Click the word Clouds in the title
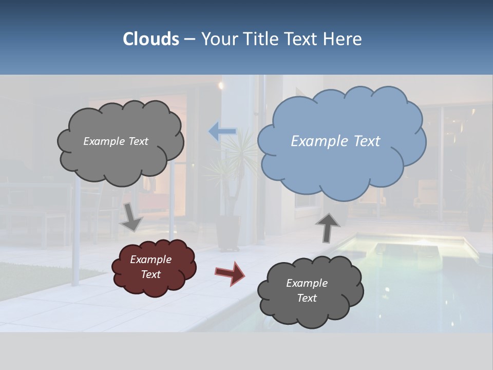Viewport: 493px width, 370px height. tap(150, 39)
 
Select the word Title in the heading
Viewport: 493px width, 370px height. tap(260, 39)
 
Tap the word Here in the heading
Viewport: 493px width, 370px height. tap(342, 39)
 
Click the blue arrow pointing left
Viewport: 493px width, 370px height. tap(222, 132)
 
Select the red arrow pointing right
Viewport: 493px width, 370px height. tap(230, 273)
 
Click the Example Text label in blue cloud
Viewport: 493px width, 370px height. tap(335, 141)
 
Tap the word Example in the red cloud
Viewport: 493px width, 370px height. tap(150, 260)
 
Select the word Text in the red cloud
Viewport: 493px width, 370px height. tap(150, 274)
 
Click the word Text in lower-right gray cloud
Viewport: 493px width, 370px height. tap(307, 298)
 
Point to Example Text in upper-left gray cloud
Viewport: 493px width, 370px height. tap(116, 141)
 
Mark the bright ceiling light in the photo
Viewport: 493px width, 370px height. tap(221, 84)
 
